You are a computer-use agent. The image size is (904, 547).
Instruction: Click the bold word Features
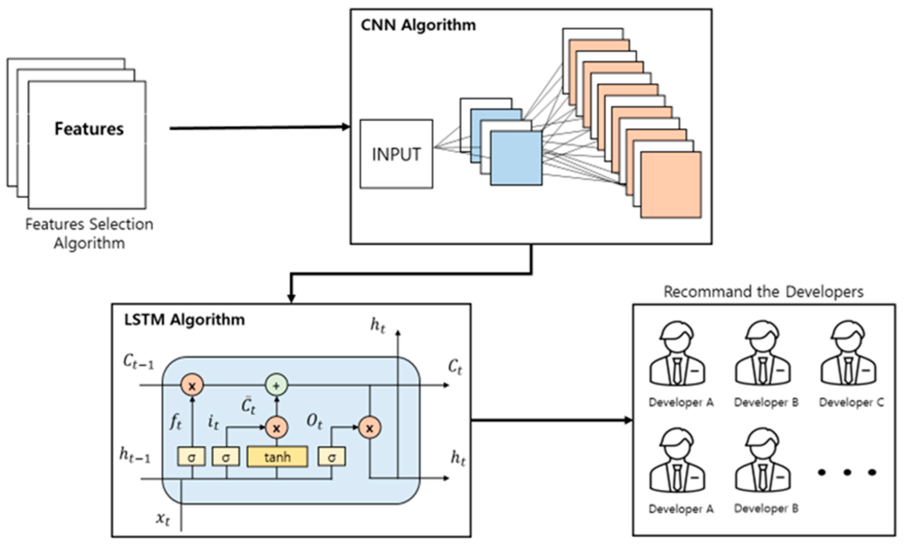pyautogui.click(x=89, y=129)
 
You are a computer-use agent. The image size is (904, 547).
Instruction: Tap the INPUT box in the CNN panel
pyautogui.click(x=396, y=154)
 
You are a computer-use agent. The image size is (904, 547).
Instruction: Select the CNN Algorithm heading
pyautogui.click(x=418, y=25)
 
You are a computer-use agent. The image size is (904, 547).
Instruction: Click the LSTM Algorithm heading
pyautogui.click(x=184, y=320)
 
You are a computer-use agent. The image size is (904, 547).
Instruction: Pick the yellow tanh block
pyautogui.click(x=277, y=457)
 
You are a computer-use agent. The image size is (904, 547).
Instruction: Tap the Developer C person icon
pyautogui.click(x=848, y=353)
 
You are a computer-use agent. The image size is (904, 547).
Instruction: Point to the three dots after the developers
pyautogui.click(x=847, y=472)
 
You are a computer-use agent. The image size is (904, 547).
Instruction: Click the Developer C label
pyautogui.click(x=851, y=402)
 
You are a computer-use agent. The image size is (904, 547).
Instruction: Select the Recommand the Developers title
pyautogui.click(x=763, y=292)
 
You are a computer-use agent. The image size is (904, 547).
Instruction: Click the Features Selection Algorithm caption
pyautogui.click(x=89, y=233)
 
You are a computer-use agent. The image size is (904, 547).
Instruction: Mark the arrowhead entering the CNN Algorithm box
pyautogui.click(x=346, y=127)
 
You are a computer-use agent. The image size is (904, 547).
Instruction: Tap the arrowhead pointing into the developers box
pyautogui.click(x=628, y=420)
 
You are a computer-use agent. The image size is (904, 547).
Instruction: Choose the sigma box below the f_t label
pyautogui.click(x=191, y=457)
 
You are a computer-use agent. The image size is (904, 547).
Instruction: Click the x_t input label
pyautogui.click(x=163, y=519)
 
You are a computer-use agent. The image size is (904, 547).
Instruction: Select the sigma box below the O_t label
pyautogui.click(x=332, y=457)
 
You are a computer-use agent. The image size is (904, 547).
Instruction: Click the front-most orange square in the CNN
pyautogui.click(x=671, y=185)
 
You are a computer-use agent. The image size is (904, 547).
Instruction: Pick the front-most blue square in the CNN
pyautogui.click(x=516, y=158)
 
